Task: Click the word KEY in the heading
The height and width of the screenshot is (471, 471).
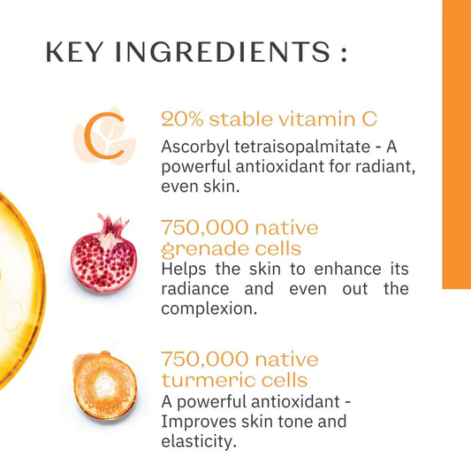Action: (x=73, y=53)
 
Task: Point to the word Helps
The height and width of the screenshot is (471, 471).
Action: (x=186, y=269)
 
